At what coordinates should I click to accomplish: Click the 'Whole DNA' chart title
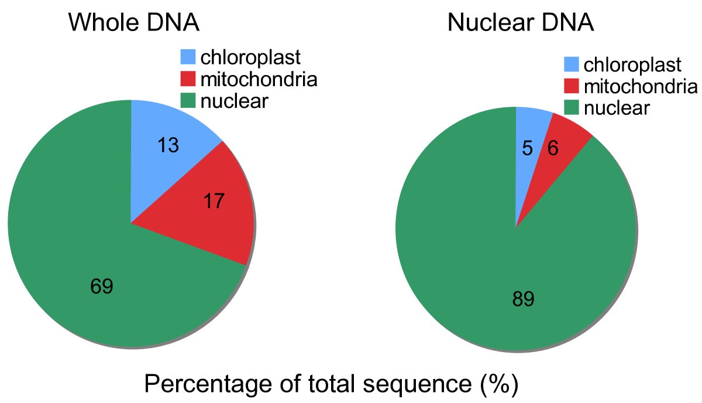tap(134, 23)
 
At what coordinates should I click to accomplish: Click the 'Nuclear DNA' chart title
tap(520, 23)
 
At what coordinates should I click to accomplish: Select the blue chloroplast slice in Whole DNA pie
tap(164, 135)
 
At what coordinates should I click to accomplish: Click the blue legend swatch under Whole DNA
tap(187, 57)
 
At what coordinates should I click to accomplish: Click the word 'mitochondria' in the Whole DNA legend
tap(259, 78)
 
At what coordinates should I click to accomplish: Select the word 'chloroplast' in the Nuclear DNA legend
tap(633, 65)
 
